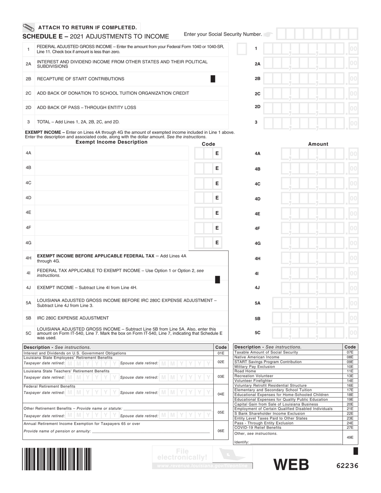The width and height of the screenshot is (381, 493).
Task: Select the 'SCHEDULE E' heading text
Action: tap(45, 36)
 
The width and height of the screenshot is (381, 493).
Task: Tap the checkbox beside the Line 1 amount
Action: tap(242, 49)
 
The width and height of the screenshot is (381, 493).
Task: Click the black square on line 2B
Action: tap(213, 79)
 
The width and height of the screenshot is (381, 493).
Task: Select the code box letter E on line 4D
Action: tap(217, 198)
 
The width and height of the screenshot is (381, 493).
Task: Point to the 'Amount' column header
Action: tap(318, 144)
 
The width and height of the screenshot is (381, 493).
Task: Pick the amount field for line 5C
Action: tap(316, 333)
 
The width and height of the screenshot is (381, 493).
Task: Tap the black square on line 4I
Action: tap(217, 280)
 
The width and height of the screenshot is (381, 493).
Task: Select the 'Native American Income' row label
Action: tap(257, 357)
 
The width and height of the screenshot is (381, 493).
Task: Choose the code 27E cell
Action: tap(350, 428)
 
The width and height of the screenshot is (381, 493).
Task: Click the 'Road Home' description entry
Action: tap(245, 371)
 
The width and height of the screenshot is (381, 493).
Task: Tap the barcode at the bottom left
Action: tap(57, 459)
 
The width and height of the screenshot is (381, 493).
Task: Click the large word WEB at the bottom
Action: tap(291, 465)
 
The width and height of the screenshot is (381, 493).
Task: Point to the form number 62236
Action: tap(347, 466)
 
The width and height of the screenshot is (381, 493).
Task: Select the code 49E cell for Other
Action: tap(350, 437)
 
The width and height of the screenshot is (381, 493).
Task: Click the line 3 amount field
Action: tap(310, 123)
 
